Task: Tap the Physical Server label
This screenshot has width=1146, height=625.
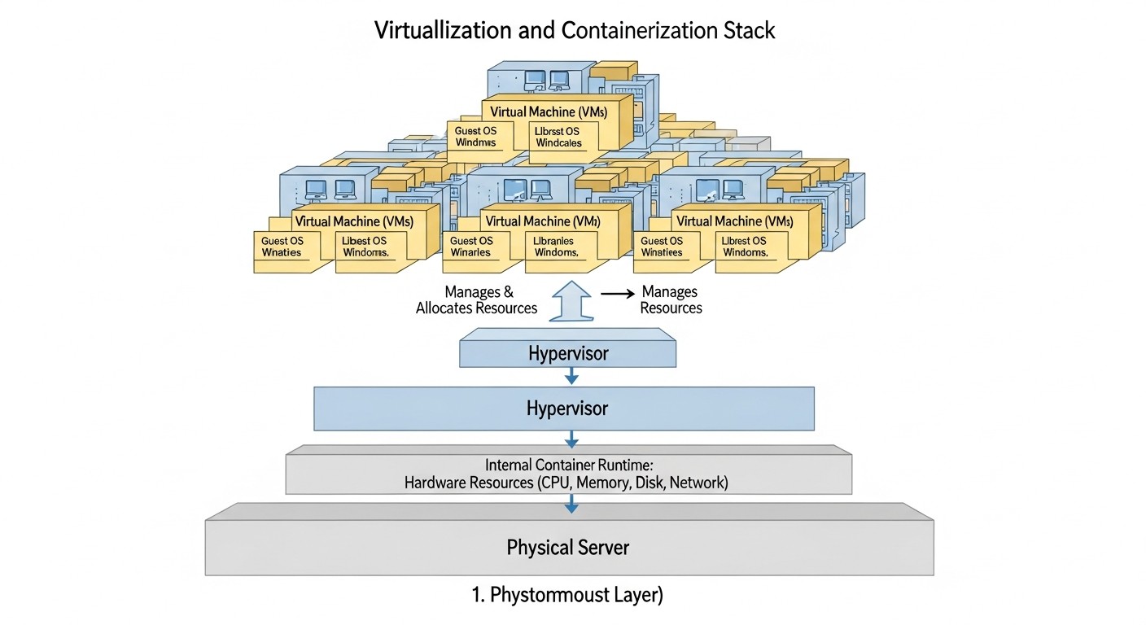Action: click(x=568, y=547)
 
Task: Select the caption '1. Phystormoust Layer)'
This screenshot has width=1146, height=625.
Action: click(x=568, y=595)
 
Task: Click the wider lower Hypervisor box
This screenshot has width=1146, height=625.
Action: click(x=564, y=408)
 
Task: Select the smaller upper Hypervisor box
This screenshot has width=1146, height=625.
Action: click(x=567, y=353)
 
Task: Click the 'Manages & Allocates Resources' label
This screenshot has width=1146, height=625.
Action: click(x=477, y=299)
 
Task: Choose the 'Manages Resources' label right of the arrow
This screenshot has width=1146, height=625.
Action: click(x=671, y=299)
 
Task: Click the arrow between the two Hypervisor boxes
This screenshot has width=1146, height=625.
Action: click(x=571, y=375)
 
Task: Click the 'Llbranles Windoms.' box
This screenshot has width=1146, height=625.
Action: click(x=555, y=247)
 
